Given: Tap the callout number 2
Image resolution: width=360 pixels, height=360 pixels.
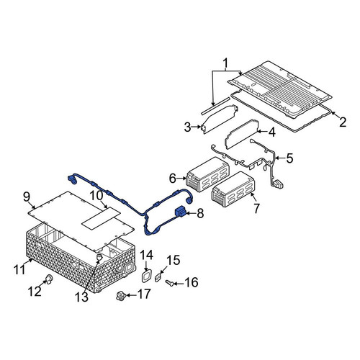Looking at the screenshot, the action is point(343,122).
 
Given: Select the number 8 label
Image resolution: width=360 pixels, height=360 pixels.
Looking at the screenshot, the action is point(200,213).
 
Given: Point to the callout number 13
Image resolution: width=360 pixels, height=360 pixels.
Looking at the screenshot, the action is point(82,297).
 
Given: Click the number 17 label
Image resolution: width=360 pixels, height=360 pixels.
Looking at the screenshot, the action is point(144,294).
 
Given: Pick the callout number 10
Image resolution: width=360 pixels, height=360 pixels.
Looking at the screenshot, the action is point(96,195).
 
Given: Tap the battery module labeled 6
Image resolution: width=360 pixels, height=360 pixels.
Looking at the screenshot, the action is point(208,175).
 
